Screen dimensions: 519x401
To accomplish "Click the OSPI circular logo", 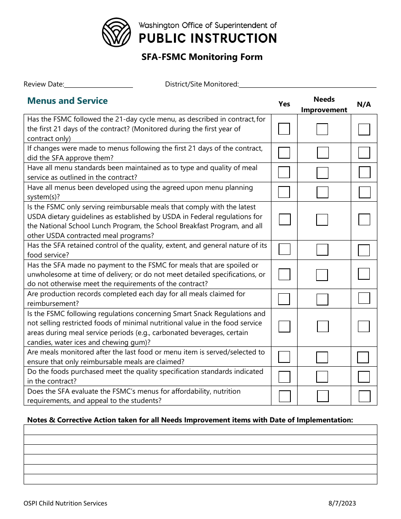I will tap(117, 32).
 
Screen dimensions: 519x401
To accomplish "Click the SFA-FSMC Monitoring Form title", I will tap(202, 57).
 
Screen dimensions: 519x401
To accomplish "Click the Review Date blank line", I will tap(98, 84).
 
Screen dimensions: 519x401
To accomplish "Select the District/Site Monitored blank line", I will tap(307, 84).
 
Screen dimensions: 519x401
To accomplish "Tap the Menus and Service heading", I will tap(67, 101).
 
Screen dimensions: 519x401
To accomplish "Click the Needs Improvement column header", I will tap(324, 104).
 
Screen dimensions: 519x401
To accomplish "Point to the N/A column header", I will tap(363, 104).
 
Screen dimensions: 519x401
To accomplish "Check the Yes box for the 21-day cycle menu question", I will tap(284, 129).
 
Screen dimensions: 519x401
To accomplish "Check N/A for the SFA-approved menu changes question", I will tap(364, 153).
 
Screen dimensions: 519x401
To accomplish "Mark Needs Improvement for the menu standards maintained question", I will tap(322, 173).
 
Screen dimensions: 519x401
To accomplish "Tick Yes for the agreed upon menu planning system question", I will tap(284, 192).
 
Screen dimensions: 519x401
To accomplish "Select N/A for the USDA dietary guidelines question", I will tap(364, 219).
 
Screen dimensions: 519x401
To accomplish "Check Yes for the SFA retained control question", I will tap(284, 249).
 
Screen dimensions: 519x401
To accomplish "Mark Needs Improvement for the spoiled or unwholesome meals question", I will tap(322, 275).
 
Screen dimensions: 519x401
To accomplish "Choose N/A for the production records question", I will tap(364, 298).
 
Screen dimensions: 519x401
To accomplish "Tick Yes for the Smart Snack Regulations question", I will tap(284, 327).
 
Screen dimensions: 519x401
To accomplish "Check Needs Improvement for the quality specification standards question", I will tap(322, 376).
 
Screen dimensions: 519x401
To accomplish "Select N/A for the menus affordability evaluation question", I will tap(364, 396).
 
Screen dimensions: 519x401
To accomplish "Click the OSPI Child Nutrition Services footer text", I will tap(65, 503).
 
